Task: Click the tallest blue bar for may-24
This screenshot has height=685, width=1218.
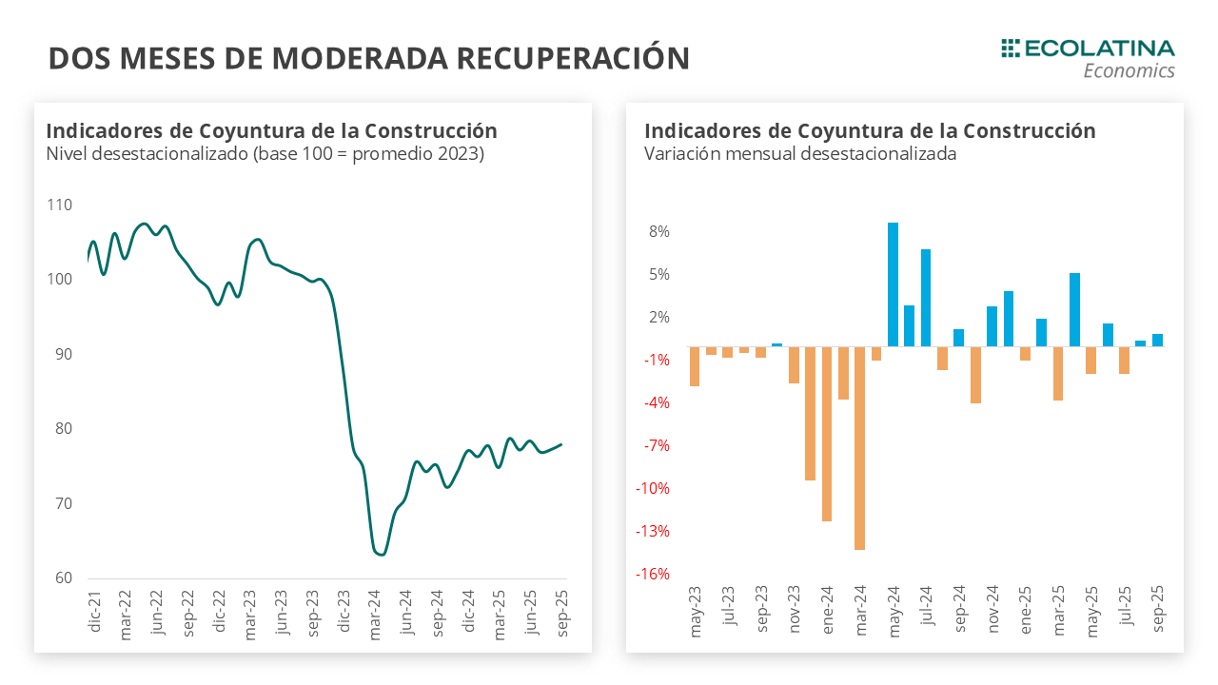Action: coord(893,284)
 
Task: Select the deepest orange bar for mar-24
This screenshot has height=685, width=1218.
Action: coord(859,448)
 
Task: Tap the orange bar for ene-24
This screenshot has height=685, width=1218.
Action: coord(827,434)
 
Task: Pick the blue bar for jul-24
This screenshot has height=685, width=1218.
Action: coord(926,298)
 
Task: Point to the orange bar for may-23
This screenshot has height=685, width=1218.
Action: coord(695,366)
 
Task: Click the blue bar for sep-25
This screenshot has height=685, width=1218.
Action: coord(1157,340)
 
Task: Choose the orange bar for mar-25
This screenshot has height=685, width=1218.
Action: coord(1058,373)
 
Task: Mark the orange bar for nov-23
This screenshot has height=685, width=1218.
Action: coord(794,364)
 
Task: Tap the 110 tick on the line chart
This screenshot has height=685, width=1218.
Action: coord(59,205)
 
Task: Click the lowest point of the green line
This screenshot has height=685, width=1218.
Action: coord(381,554)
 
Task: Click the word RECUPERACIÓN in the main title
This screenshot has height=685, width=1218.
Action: coord(573,58)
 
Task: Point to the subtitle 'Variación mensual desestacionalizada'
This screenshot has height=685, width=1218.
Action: coord(800,154)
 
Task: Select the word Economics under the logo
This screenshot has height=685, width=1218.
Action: coord(1129,71)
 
